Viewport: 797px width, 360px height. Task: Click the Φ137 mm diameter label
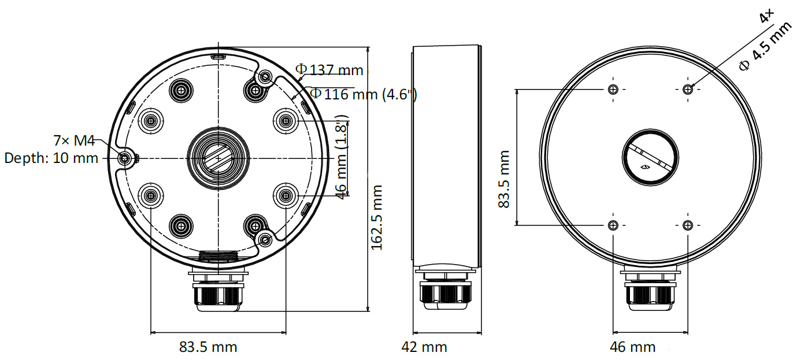pos(329,70)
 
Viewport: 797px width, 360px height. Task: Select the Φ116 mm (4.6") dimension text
pos(363,94)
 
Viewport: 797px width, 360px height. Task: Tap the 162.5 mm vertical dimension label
pos(377,217)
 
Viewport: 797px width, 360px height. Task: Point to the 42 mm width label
pos(424,347)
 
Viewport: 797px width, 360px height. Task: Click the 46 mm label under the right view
pos(633,347)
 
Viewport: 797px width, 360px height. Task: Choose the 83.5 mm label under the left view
pos(208,347)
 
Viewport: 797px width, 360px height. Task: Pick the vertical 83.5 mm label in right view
pos(505,179)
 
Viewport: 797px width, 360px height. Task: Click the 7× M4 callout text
pos(73,140)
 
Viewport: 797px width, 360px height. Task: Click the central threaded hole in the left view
pos(218,157)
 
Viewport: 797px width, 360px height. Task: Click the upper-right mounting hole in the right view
pos(687,89)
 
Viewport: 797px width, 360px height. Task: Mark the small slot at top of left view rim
pos(218,57)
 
